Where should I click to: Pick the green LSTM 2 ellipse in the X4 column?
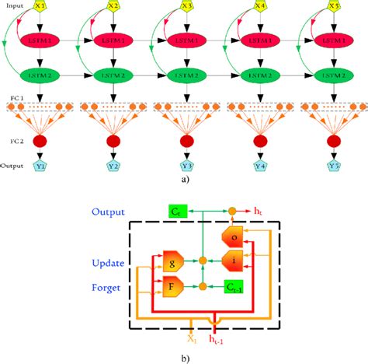[x=259, y=75]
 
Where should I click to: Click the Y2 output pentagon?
[x=114, y=166]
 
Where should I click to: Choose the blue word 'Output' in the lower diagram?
[x=109, y=211]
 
